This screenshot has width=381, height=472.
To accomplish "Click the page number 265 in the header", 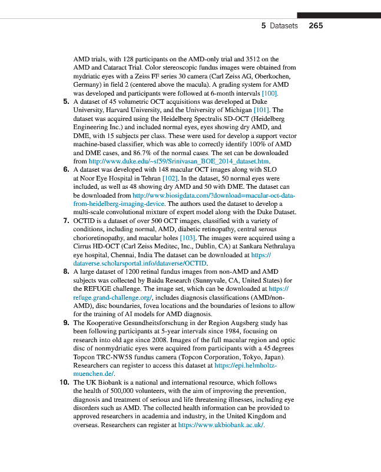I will (316, 26).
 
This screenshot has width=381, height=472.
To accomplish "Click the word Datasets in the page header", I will (284, 26).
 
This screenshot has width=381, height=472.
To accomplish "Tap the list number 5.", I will (66, 102).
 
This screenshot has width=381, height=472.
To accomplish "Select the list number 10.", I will (64, 382).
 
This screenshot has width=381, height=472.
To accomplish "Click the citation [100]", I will (269, 93).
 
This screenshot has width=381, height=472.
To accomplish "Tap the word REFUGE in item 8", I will (88, 289).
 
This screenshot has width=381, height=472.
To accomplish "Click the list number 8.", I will (66, 272).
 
